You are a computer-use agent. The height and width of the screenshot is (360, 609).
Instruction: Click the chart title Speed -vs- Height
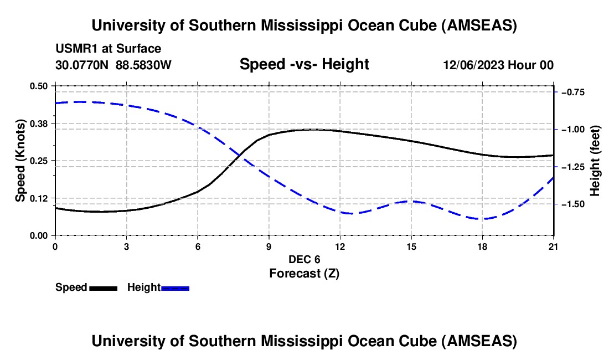click(x=304, y=65)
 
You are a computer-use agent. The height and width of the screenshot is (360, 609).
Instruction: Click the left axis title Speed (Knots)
click(x=20, y=161)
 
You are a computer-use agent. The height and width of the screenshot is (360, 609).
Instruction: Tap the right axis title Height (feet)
click(x=595, y=161)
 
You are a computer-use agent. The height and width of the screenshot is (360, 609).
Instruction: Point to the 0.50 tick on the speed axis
click(x=39, y=86)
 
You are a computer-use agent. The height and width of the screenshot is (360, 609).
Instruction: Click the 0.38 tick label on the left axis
click(x=39, y=123)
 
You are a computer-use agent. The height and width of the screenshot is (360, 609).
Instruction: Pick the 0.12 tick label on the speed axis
click(x=39, y=198)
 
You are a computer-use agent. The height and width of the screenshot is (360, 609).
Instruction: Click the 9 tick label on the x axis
click(x=269, y=246)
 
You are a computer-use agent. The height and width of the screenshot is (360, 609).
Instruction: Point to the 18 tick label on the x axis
click(x=483, y=246)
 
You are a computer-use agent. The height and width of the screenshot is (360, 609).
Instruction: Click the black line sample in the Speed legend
click(x=103, y=288)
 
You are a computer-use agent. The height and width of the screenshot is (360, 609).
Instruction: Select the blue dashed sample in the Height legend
click(x=176, y=288)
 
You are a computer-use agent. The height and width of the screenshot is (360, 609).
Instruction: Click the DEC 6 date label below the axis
click(x=304, y=259)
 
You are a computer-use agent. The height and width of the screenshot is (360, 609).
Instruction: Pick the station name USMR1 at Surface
click(x=109, y=49)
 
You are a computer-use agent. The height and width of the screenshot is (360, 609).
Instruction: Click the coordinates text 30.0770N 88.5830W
click(x=113, y=65)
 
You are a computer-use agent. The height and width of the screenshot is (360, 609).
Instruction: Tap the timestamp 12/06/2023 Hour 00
click(x=498, y=65)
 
